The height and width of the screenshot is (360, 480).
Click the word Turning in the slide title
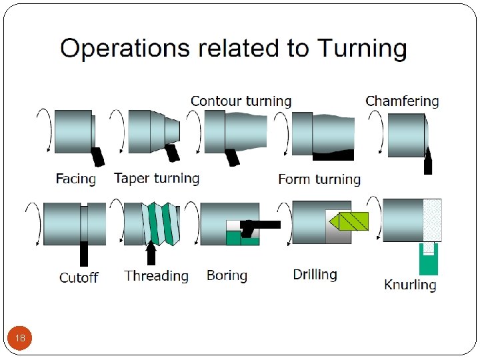(361, 49)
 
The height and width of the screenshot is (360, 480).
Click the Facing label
(75, 179)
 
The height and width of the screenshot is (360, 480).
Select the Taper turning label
(157, 178)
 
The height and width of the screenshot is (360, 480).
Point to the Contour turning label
(241, 101)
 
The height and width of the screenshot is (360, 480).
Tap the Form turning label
(319, 179)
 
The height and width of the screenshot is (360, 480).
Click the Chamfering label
(402, 101)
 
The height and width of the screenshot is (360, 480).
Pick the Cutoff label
(79, 277)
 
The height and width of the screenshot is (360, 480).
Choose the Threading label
(156, 276)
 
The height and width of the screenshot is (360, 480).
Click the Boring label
(227, 275)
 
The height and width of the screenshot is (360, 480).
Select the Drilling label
(315, 274)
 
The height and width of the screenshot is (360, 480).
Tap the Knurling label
(410, 285)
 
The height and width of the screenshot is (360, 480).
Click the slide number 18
(20, 338)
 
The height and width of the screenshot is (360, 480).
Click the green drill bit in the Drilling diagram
(349, 221)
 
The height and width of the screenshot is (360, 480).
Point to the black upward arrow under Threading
(151, 253)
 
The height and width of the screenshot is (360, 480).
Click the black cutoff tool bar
(84, 253)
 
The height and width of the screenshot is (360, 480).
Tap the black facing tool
(99, 156)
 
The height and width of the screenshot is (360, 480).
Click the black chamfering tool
(428, 162)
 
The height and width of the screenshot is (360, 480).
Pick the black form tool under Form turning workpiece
(333, 156)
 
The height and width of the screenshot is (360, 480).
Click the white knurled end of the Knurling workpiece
(432, 219)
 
